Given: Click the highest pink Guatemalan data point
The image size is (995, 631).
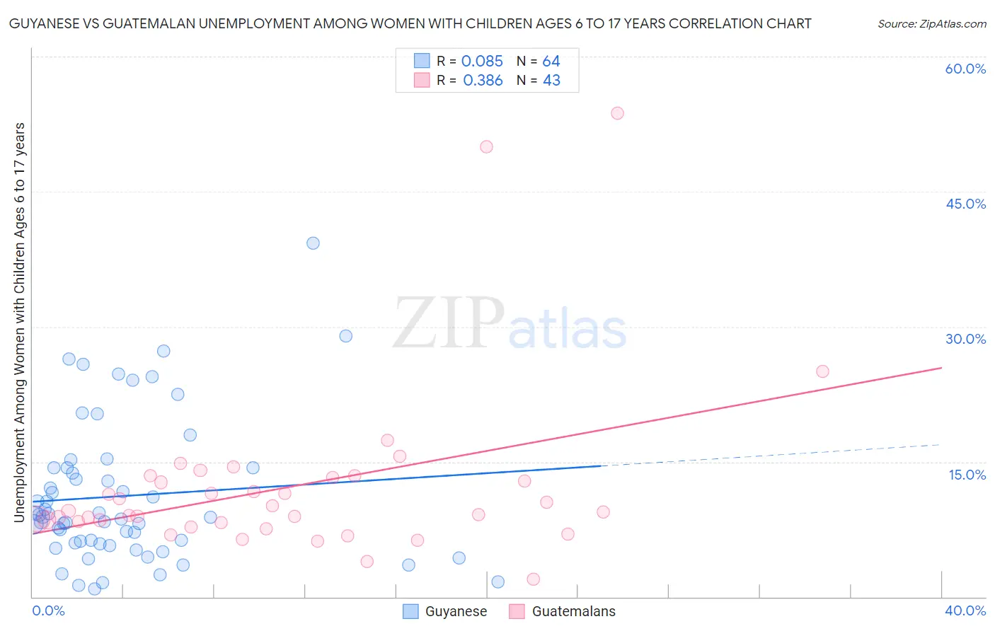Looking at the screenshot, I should pos(617,113).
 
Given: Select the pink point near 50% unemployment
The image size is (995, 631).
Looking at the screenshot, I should pos(486,147).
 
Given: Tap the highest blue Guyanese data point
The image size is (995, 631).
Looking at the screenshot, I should pos(313,243).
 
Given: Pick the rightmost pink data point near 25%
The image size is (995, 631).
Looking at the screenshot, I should pos(822,371).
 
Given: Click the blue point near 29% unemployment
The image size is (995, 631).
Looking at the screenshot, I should pos(346,336).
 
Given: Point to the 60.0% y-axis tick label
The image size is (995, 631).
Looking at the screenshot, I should pos(965,69).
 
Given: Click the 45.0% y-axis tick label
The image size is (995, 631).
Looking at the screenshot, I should pos(965,204).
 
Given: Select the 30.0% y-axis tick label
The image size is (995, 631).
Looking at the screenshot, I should pos(965,339).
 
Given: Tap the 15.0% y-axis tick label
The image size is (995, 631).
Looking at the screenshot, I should pos(967,475).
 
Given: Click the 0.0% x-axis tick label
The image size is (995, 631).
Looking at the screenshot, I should pos(48,610).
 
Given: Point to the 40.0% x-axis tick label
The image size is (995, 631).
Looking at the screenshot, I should pos(965,610).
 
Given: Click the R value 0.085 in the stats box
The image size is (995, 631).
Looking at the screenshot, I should pos(482,62).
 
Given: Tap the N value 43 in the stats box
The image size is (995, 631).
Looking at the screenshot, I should pos(551,81).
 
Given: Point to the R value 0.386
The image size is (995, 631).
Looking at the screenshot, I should pos(483,81).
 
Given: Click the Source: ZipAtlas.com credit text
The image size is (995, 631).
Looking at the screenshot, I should pos(931,24).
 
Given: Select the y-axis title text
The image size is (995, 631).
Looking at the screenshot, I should pos(20,322).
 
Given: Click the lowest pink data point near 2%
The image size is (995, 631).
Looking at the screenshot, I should pos(534,579).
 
